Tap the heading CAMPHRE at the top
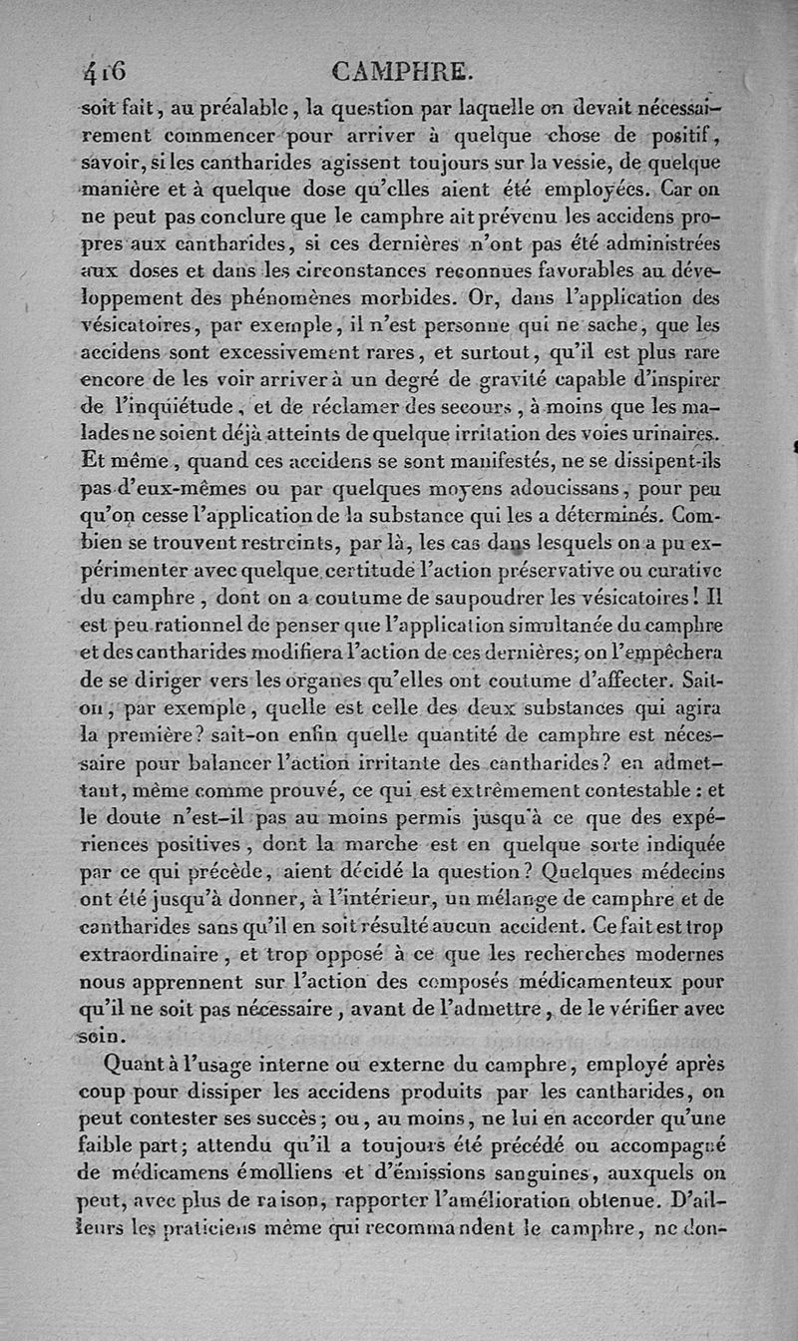point(401,72)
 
